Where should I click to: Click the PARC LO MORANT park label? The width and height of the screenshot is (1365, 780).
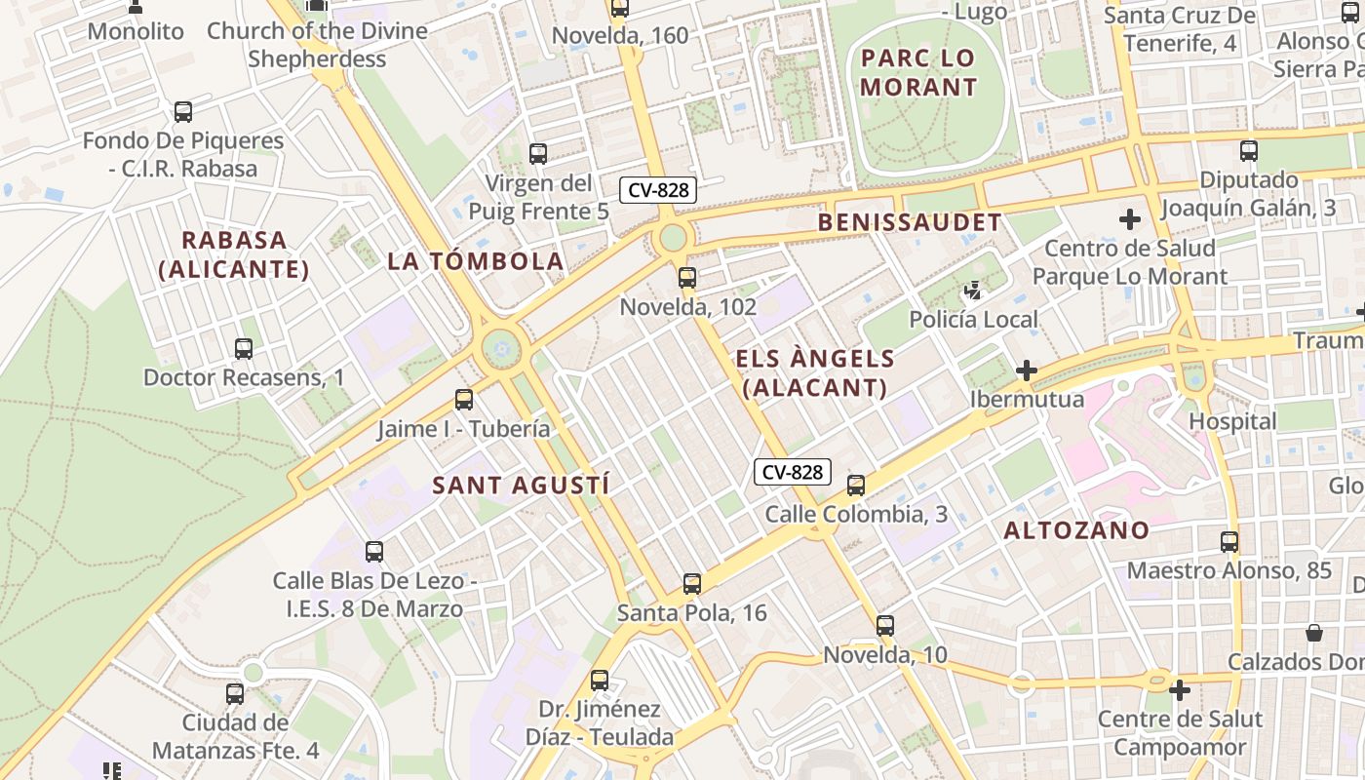917,72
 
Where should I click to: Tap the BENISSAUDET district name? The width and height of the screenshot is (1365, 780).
909,222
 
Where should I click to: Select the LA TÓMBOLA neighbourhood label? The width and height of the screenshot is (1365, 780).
476,261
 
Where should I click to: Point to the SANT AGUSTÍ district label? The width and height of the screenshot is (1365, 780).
521,485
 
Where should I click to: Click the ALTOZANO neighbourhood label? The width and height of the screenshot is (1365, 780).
1076,530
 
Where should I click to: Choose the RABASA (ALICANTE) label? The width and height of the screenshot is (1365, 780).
234,254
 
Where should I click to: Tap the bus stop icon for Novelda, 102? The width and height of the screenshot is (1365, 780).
687,278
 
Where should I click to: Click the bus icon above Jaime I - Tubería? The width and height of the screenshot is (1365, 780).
464,400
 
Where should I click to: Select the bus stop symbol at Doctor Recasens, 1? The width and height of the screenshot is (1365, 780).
244,348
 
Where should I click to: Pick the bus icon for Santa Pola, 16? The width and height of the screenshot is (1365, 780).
692,584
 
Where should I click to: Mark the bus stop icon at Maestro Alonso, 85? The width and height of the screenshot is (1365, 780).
1229,542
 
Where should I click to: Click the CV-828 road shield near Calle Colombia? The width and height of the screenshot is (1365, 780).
792,473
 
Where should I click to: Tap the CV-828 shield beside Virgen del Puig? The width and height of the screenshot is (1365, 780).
659,190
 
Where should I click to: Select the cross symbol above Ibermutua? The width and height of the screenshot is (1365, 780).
1026,370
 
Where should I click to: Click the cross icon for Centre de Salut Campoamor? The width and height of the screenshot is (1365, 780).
1180,690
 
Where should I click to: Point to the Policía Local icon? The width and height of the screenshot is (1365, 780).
972,291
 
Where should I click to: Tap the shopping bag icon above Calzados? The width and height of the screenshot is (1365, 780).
1314,633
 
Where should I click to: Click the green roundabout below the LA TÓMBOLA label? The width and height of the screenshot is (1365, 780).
501,348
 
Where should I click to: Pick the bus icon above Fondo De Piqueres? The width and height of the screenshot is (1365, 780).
183,112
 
